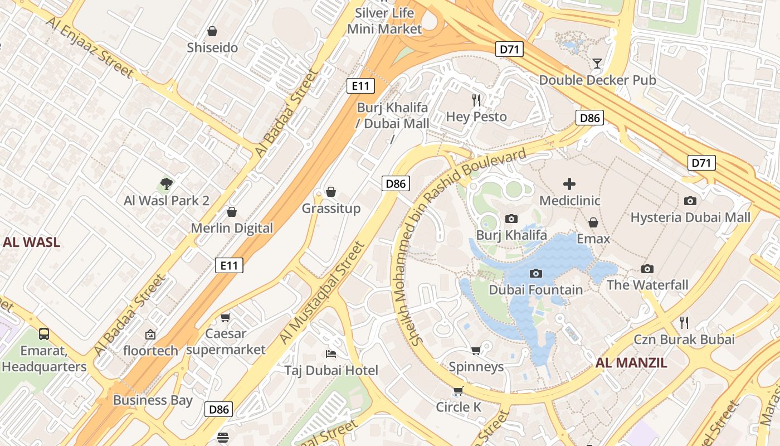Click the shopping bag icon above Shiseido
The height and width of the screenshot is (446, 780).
click(x=212, y=31)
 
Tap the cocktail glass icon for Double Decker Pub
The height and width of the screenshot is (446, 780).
click(x=597, y=63)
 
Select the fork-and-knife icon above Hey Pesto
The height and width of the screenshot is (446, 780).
click(x=476, y=100)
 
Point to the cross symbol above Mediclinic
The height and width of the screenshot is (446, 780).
click(x=569, y=184)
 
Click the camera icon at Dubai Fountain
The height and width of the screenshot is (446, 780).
click(x=536, y=273)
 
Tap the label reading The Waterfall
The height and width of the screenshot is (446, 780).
click(x=647, y=285)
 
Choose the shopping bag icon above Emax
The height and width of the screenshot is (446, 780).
click(x=593, y=222)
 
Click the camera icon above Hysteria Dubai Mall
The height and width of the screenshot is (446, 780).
click(x=690, y=201)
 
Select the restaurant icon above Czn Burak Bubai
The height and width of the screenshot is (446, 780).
click(x=684, y=322)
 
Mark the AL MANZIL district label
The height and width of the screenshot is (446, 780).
click(x=631, y=363)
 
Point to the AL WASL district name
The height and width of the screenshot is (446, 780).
click(x=31, y=243)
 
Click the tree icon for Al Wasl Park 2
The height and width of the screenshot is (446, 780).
click(x=166, y=183)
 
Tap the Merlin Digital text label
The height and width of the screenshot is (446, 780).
click(x=232, y=228)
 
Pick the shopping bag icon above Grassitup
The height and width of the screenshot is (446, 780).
click(x=331, y=192)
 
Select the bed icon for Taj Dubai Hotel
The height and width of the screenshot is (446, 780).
click(x=331, y=354)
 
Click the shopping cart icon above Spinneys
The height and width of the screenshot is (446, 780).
click(x=476, y=350)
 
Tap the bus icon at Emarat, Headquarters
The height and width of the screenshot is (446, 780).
click(x=44, y=334)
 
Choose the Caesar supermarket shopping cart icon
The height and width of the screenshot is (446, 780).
click(x=226, y=317)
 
